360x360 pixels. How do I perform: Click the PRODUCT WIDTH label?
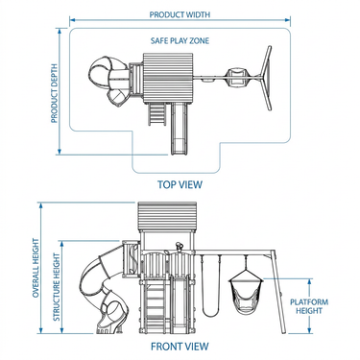tap(180, 14)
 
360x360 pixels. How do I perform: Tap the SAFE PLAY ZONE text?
tap(180, 40)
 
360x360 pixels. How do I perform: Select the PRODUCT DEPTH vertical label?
tap(54, 93)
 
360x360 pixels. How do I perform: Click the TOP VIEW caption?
tap(180, 184)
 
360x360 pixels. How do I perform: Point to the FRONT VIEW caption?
tap(180, 347)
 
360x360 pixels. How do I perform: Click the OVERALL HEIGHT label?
tap(36, 268)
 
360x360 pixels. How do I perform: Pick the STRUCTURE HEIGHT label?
tap(57, 287)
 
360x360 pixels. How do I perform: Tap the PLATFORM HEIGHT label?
tap(309, 306)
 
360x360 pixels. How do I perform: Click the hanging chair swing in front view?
tap(246, 291)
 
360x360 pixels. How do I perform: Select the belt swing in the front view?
tap(210, 286)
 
